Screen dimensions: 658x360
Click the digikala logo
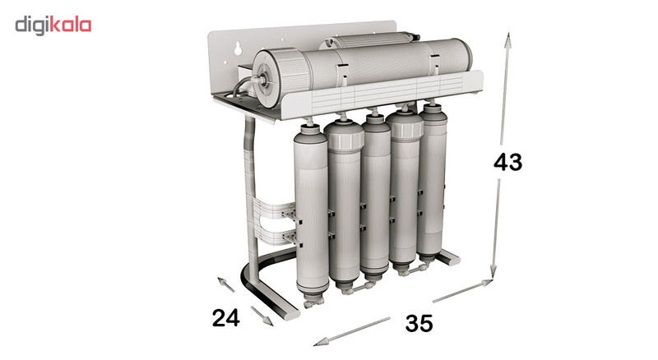(x=53, y=25)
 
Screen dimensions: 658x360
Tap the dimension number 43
(x=507, y=162)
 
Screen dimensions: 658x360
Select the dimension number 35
(x=419, y=323)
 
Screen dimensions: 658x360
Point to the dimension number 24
(x=225, y=317)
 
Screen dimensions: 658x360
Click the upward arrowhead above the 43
(x=507, y=40)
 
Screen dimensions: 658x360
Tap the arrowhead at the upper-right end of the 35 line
(x=486, y=283)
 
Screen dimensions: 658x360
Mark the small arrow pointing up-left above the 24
(x=225, y=284)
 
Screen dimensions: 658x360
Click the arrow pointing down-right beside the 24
(x=262, y=316)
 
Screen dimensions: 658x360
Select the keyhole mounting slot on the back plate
(x=238, y=48)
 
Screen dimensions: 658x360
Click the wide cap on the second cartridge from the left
(x=344, y=135)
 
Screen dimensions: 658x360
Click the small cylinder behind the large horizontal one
(x=369, y=40)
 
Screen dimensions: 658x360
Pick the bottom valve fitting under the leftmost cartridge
(x=313, y=302)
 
